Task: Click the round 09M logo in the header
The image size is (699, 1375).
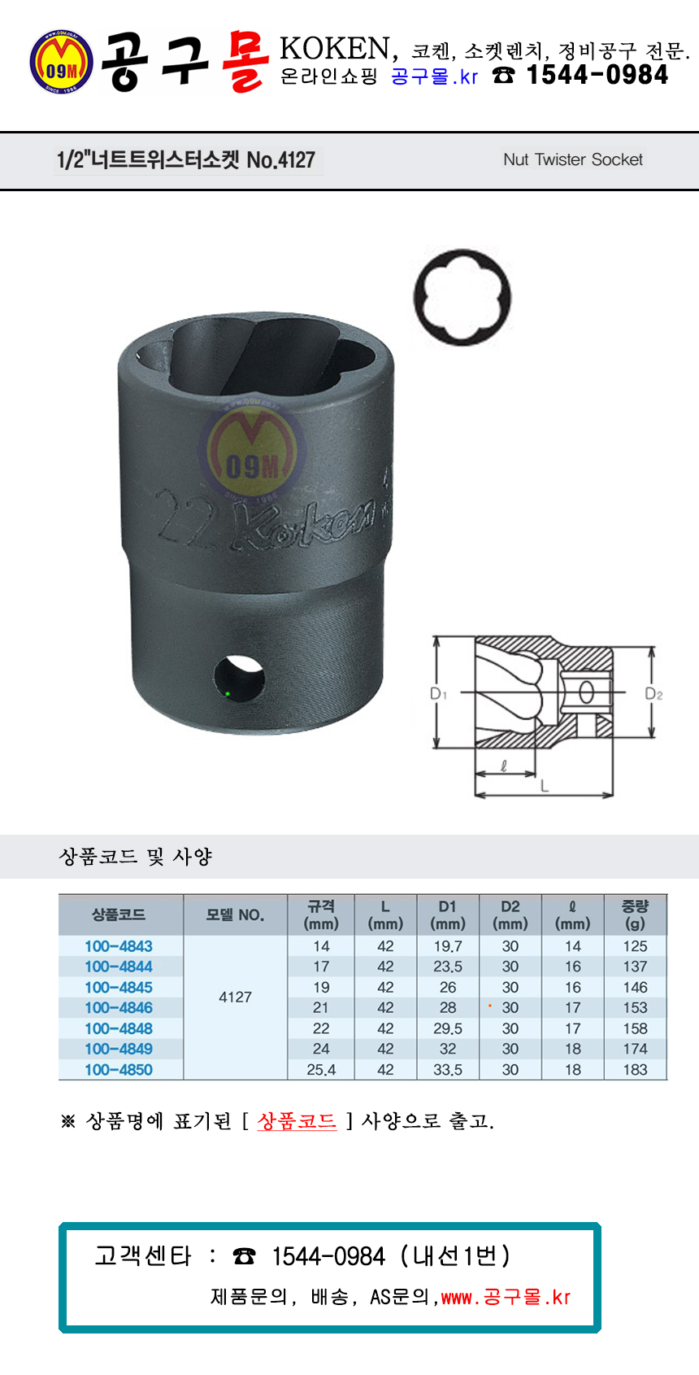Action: pyautogui.click(x=61, y=61)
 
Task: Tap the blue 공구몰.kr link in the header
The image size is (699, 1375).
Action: pyautogui.click(x=434, y=76)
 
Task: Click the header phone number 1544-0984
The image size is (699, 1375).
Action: pyautogui.click(x=597, y=75)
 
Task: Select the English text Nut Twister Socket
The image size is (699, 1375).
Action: pyautogui.click(x=573, y=159)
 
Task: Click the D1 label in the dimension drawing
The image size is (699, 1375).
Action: pyautogui.click(x=438, y=694)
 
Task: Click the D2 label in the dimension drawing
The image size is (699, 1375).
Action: pyautogui.click(x=653, y=694)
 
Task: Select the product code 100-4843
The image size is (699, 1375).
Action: pyautogui.click(x=119, y=946)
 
